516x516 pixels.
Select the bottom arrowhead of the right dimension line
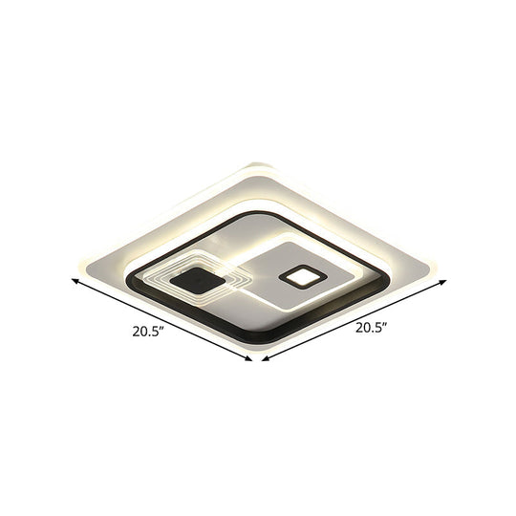pyautogui.click(x=266, y=359)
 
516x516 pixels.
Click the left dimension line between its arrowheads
pyautogui.click(x=162, y=319)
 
